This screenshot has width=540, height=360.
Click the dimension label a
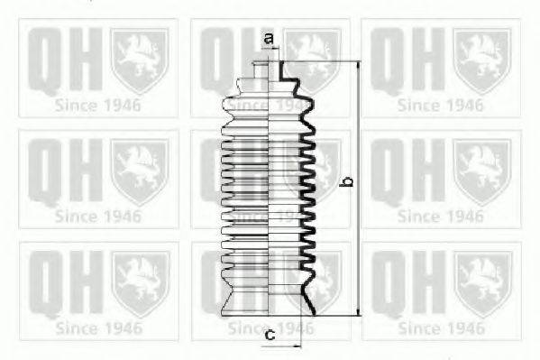point(269,38)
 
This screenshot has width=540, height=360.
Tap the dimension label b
point(348,181)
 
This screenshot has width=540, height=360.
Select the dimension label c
point(270,334)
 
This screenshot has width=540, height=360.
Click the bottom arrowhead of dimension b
point(359,311)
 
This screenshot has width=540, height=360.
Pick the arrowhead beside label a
point(276,49)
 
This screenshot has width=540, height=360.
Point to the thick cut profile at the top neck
point(281,70)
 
